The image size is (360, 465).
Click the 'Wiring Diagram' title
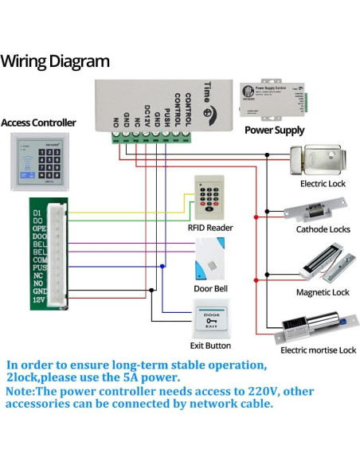(x=55, y=61)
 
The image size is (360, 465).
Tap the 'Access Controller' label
(x=39, y=123)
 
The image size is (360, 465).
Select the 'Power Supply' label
(x=274, y=130)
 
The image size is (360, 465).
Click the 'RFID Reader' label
(x=210, y=227)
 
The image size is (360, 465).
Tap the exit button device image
(x=210, y=319)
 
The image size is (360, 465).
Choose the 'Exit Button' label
(x=210, y=346)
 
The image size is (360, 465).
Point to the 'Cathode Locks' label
(x=323, y=229)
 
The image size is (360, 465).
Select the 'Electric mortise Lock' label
(x=318, y=350)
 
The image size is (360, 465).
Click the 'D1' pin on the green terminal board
(x=37, y=213)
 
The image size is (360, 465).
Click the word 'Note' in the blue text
(x=22, y=392)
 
